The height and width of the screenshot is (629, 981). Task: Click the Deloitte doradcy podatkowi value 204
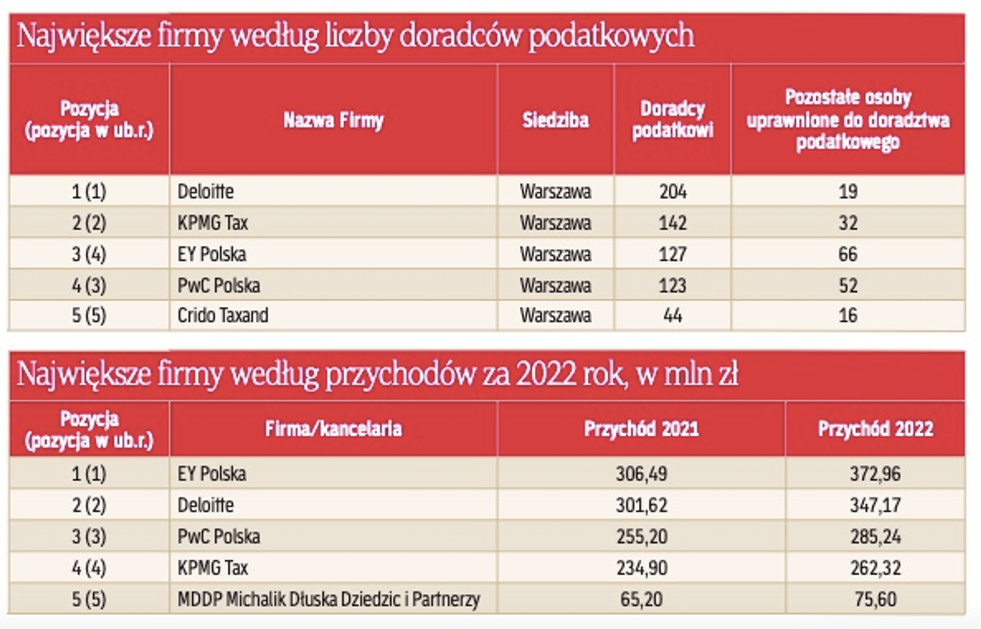(x=673, y=192)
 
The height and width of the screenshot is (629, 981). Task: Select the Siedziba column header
(x=555, y=120)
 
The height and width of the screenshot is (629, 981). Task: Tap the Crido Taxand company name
(x=223, y=316)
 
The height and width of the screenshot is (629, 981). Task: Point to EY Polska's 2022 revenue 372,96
(x=875, y=473)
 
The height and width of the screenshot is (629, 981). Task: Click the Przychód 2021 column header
(x=641, y=429)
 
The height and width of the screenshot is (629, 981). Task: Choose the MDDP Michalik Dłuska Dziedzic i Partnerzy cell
(x=329, y=599)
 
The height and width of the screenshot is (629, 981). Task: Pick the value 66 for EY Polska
(x=848, y=254)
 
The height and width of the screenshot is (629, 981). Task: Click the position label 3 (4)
(x=89, y=254)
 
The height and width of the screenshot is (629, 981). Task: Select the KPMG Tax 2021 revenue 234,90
(x=641, y=568)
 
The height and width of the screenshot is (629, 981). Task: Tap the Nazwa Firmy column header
(x=333, y=120)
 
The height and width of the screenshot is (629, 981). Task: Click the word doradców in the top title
(x=460, y=36)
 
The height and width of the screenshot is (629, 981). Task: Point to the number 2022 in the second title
(x=545, y=374)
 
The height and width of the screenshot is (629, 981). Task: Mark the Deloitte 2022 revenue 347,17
(x=875, y=505)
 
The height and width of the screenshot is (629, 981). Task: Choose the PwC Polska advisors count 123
(x=673, y=285)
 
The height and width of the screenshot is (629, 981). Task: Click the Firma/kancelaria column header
(x=333, y=429)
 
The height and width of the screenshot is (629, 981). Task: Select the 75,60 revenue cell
(x=875, y=599)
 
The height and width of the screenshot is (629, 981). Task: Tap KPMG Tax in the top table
(x=213, y=223)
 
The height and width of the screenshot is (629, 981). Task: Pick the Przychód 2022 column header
(x=875, y=429)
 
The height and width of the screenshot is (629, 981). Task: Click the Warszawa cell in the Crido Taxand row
(x=555, y=316)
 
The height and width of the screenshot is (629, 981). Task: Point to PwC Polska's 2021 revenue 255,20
(x=641, y=536)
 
